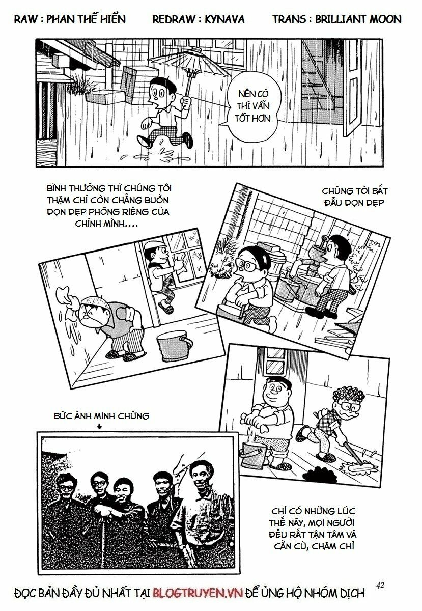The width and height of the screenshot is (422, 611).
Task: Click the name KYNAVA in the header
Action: pos(224,19)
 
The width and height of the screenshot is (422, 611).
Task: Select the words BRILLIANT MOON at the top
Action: pos(358,19)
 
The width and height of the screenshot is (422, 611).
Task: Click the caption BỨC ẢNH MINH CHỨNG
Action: pos(101,416)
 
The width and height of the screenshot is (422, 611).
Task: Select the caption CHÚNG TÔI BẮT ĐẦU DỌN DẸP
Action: pos(355,197)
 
